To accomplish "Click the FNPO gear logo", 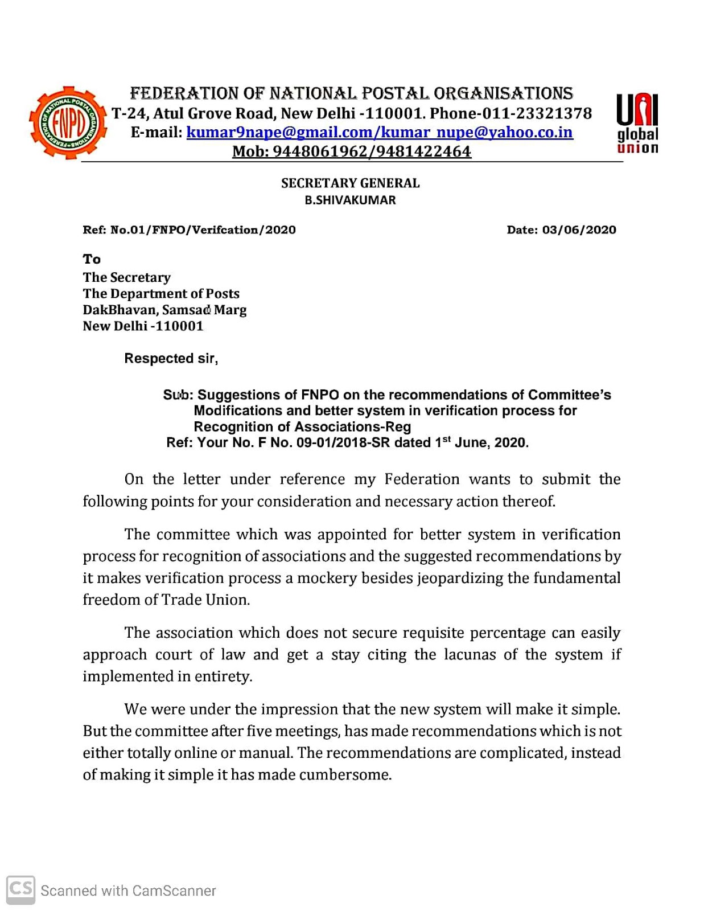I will point(68,123).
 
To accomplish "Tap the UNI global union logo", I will point(637,124).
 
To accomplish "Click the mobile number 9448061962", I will point(320,151).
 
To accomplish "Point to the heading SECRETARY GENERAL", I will point(350,183).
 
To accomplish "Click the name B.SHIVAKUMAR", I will point(350,200).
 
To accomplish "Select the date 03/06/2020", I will point(579,230).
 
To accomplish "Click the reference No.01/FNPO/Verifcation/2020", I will point(203,230).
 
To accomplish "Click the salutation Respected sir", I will point(170,359).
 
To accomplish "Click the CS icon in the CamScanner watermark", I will point(21,889).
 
